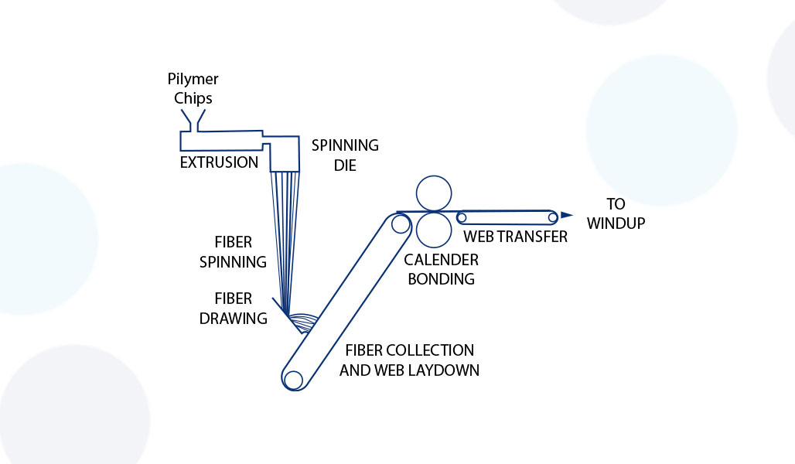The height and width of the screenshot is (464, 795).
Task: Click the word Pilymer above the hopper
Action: coord(193,79)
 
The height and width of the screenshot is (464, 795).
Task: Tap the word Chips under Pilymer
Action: coord(193,98)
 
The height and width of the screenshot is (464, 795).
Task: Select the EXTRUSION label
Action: coord(219,162)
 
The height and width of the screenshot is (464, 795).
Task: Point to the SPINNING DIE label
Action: coord(345,155)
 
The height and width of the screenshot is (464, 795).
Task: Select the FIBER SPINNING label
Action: coord(233,251)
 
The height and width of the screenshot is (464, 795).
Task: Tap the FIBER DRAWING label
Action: coord(233,308)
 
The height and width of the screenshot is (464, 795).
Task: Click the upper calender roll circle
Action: coord(433,193)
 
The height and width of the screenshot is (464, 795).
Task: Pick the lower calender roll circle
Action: coord(433,230)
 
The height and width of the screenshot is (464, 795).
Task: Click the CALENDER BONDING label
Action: coord(441,269)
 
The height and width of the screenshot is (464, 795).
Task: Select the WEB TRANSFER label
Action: coord(515,237)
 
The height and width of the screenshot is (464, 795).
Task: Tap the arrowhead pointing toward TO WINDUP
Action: coord(567,215)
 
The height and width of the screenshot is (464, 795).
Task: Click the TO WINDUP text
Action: coord(615,214)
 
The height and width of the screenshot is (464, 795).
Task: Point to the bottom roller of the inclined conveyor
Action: coord(293,380)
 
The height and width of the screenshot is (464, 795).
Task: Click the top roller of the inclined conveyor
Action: coord(400,224)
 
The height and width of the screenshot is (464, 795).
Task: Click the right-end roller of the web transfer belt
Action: coord(552,217)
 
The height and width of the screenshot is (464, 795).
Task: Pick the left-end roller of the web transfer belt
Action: coord(462,217)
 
